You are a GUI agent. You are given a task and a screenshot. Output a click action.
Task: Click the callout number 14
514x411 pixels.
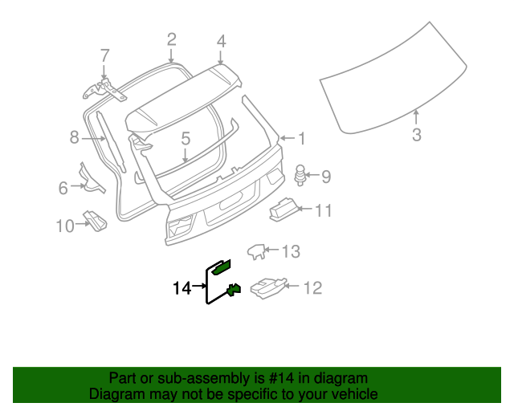[x=182, y=287]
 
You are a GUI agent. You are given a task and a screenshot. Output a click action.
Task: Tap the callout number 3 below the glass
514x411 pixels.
[x=416, y=135]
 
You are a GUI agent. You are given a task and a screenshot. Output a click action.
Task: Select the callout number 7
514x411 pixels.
[x=104, y=55]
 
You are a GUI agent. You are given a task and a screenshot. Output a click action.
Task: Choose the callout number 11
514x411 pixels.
[x=322, y=211]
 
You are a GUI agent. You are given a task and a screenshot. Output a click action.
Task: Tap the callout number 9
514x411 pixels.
[x=326, y=175]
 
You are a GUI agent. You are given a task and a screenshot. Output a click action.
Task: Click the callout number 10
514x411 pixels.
[x=64, y=226]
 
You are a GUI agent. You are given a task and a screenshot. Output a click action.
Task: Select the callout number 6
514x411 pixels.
[x=63, y=188]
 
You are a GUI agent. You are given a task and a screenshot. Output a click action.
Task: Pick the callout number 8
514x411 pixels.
[x=74, y=137]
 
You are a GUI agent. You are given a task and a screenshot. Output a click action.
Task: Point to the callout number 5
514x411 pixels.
[x=186, y=138]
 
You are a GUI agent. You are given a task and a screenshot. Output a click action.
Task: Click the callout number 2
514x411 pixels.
[x=171, y=39]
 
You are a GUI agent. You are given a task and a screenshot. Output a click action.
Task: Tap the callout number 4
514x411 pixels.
[x=221, y=39]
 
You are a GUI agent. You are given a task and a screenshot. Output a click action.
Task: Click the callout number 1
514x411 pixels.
[x=302, y=139]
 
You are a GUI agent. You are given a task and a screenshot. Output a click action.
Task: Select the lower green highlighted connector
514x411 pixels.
[x=235, y=290]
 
